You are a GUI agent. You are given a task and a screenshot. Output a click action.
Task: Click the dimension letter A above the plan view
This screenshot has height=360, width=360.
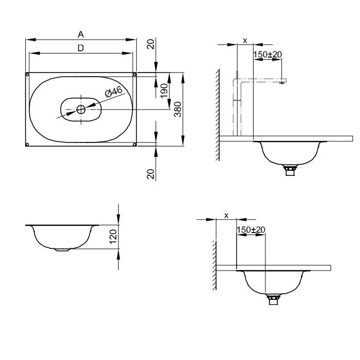click(x=81, y=34)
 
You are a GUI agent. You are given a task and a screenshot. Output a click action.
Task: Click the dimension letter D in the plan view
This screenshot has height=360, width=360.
click(x=81, y=48)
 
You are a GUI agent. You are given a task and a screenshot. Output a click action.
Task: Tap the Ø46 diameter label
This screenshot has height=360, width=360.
click(x=114, y=92)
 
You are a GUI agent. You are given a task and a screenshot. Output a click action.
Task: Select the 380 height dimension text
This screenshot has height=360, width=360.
click(x=178, y=109)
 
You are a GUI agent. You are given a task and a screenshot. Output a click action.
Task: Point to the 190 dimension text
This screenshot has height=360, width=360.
click(x=164, y=91)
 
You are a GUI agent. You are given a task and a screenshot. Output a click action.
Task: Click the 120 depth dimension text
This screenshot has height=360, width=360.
click(x=113, y=237)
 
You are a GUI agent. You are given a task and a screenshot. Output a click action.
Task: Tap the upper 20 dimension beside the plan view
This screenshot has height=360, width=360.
click(x=150, y=44)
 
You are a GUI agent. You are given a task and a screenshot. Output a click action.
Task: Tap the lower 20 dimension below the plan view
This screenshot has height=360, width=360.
click(x=150, y=174)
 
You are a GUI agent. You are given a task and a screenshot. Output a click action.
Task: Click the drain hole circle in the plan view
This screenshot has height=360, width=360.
click(x=81, y=110)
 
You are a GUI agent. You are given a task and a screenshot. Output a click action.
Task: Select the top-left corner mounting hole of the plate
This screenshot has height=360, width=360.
click(x=27, y=75)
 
